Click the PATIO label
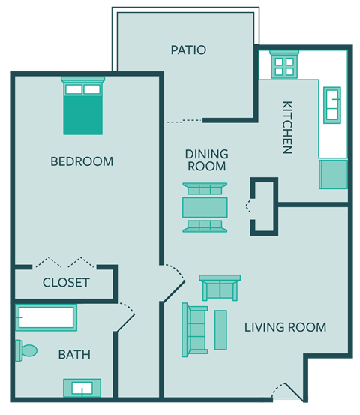click(188, 50)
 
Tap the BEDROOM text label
click(82, 161)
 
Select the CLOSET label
click(66, 283)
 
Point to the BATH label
click(74, 354)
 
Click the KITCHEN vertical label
click(286, 127)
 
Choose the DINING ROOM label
click(205, 160)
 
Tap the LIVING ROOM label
click(285, 327)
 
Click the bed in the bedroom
click(82, 106)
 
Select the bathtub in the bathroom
click(46, 318)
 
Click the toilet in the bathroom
click(26, 350)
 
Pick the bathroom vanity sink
click(82, 388)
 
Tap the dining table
click(205, 206)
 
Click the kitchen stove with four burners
click(284, 65)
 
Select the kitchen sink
click(331, 104)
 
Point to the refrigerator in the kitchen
click(334, 174)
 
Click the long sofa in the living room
click(195, 330)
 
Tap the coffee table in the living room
click(220, 330)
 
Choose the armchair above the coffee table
click(220, 288)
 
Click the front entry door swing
click(286, 392)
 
